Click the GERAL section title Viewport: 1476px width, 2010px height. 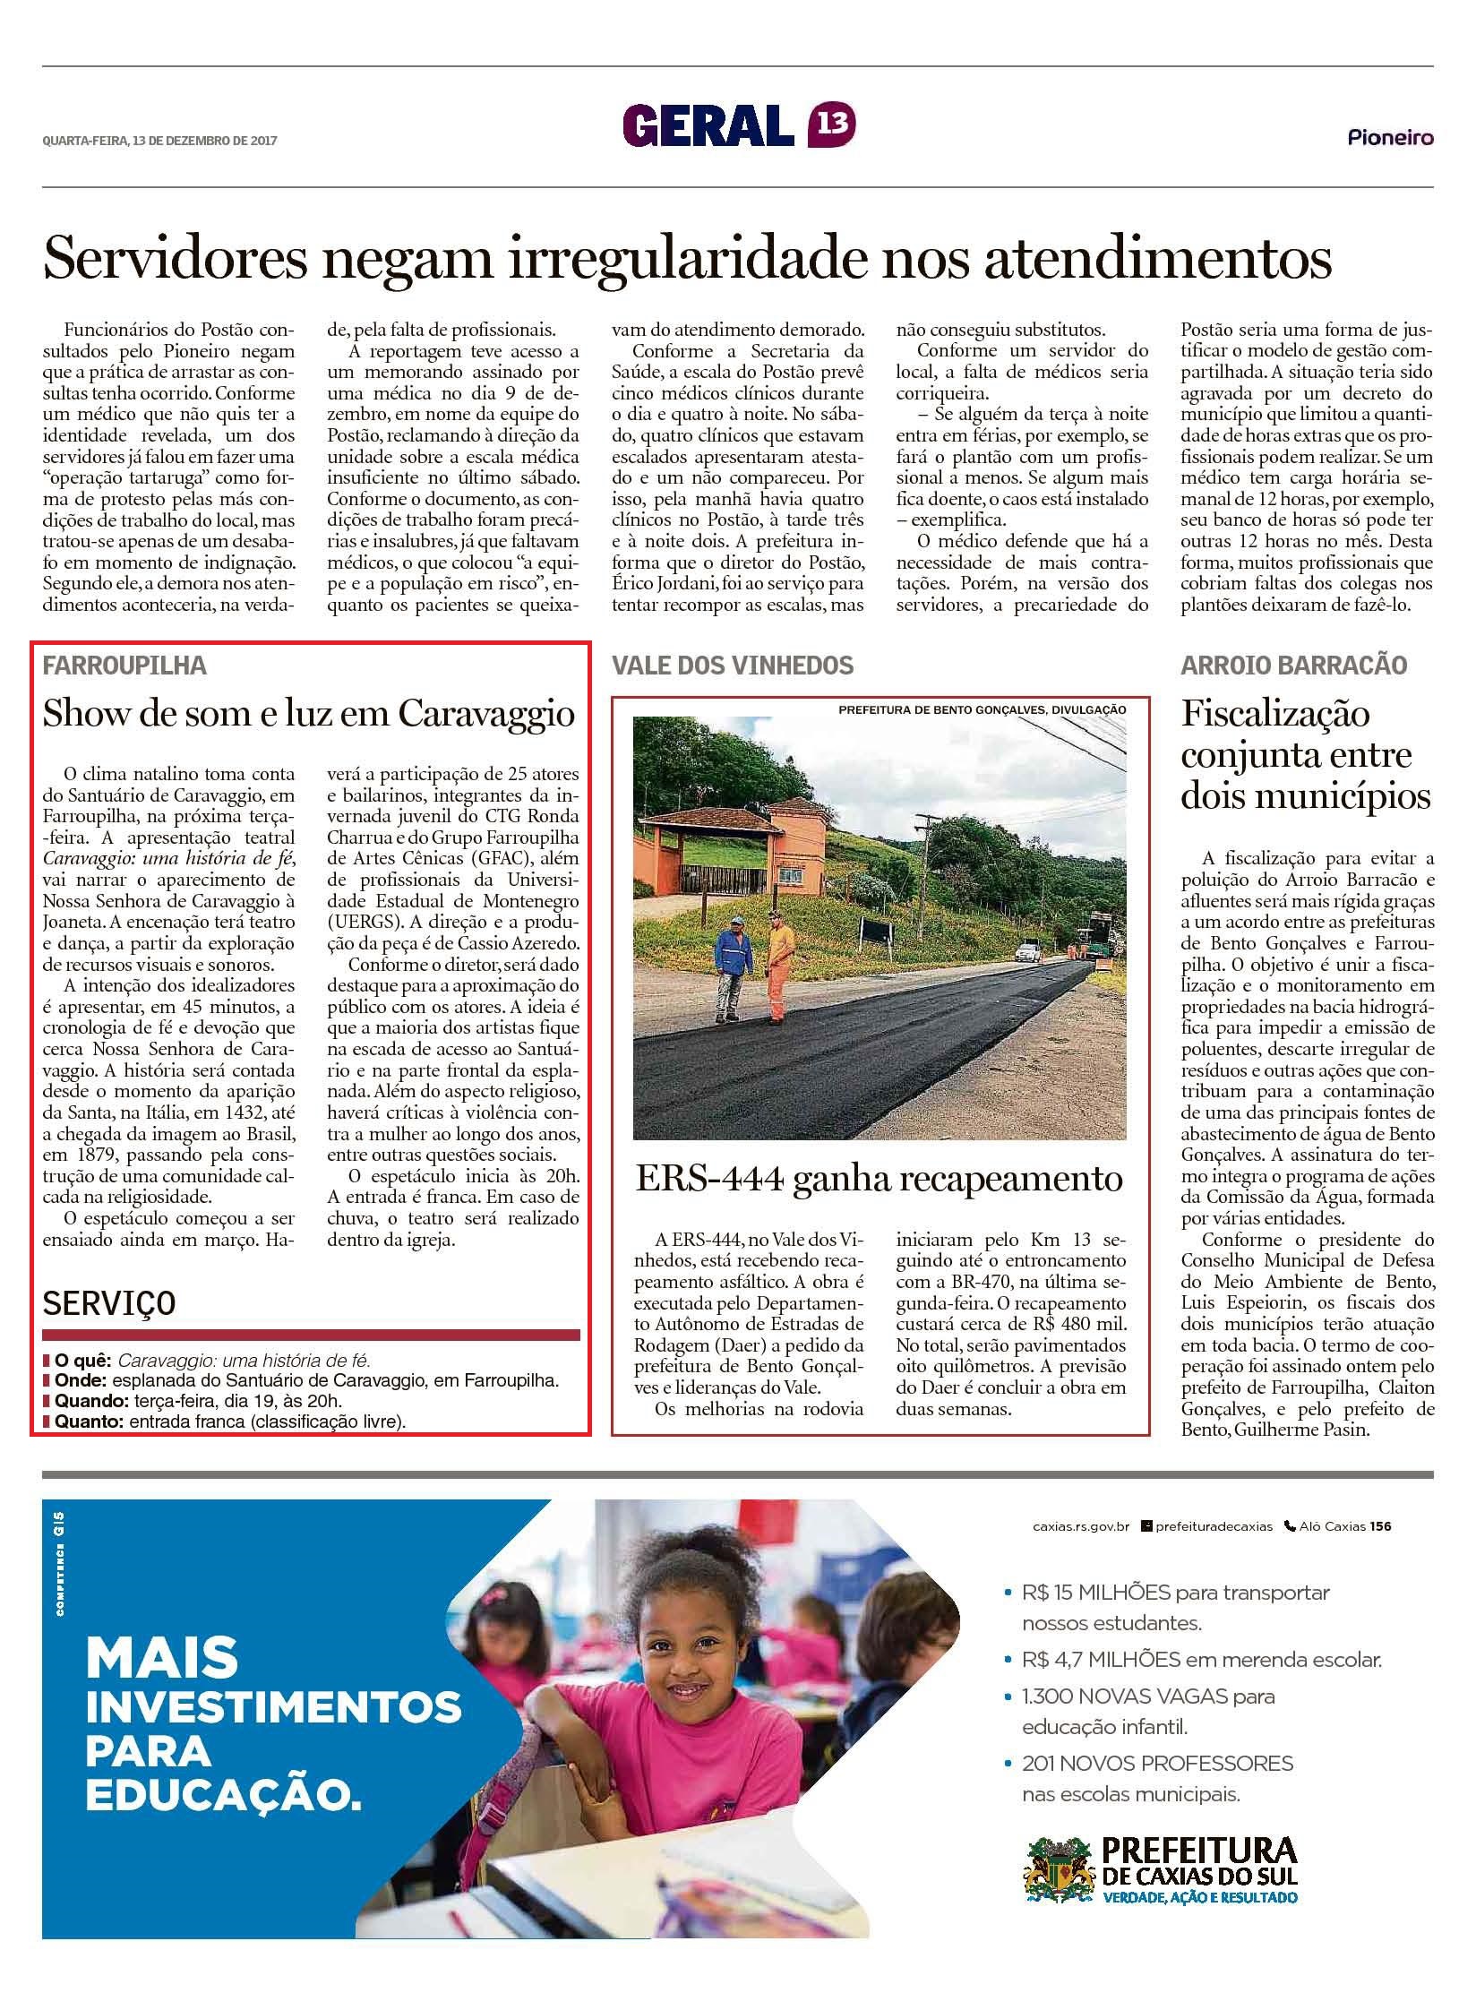pyautogui.click(x=708, y=125)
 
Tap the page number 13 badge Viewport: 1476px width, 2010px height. pyautogui.click(x=831, y=125)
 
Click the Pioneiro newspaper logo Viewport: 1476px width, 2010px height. pyautogui.click(x=1390, y=137)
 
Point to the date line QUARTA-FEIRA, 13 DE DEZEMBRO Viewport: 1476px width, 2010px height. pyautogui.click(x=160, y=140)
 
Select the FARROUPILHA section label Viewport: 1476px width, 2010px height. pyautogui.click(x=124, y=665)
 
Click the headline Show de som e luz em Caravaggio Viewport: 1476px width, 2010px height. pyautogui.click(x=309, y=714)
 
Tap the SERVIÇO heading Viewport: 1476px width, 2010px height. pyautogui.click(x=108, y=1303)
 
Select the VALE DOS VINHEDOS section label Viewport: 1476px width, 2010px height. pyautogui.click(x=733, y=665)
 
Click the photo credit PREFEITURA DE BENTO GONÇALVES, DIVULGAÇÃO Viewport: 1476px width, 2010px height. pyautogui.click(x=982, y=709)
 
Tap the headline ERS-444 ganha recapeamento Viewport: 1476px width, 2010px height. pyautogui.click(x=879, y=1179)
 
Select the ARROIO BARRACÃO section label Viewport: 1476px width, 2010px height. pyautogui.click(x=1293, y=665)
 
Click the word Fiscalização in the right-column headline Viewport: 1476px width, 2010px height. pyautogui.click(x=1275, y=714)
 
